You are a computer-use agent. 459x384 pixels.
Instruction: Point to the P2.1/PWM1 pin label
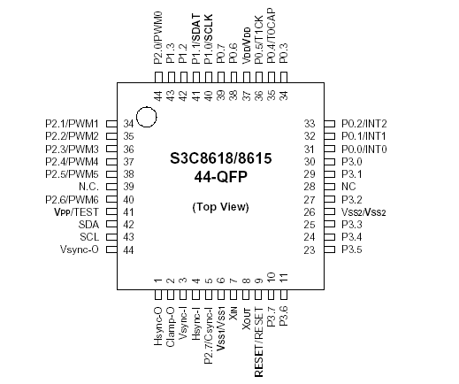coord(72,124)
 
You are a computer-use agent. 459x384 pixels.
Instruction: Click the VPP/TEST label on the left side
coord(77,212)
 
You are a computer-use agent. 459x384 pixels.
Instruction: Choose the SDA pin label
coord(88,225)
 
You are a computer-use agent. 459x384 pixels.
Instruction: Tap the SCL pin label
coord(88,237)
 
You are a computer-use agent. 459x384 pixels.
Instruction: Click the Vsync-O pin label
coord(80,250)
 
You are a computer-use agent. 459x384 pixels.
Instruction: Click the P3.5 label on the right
coord(351,250)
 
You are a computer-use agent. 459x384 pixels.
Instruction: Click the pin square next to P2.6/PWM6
coord(111,200)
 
